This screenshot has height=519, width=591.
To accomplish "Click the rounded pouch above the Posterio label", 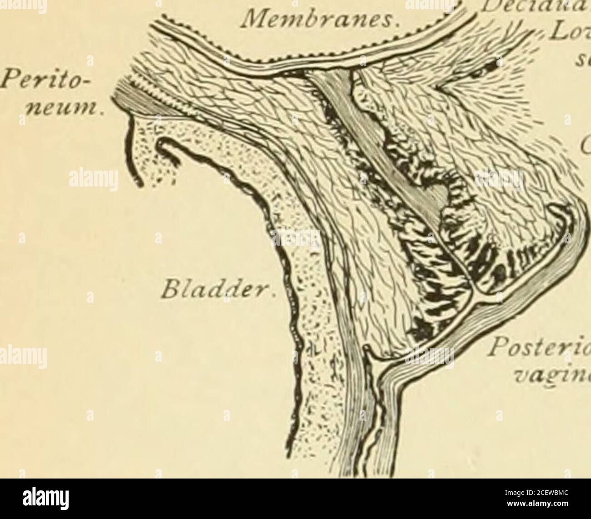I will click(561, 218).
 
